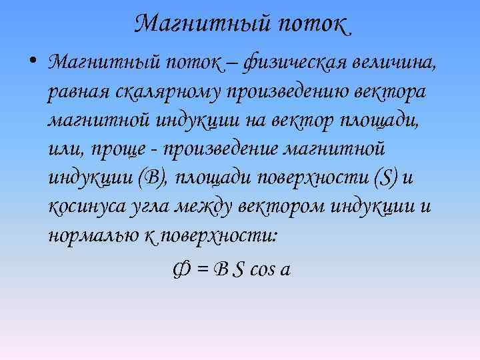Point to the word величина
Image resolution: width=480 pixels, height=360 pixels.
396,65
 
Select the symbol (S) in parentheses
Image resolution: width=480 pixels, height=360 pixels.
387,178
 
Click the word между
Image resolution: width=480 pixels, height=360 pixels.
205,207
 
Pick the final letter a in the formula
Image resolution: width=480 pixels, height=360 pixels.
286,271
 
